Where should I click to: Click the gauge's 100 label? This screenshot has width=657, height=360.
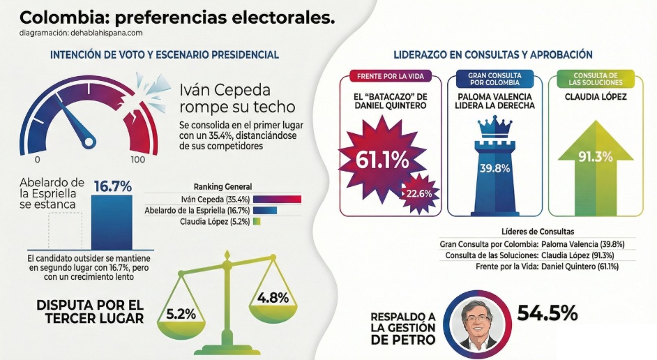(x=138, y=160)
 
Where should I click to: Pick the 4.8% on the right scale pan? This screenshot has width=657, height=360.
(x=273, y=297)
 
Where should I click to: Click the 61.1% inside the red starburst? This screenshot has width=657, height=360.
(x=382, y=159)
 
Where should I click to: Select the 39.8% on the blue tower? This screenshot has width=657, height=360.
(x=494, y=167)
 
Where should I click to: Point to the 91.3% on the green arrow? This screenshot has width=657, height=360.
(x=595, y=158)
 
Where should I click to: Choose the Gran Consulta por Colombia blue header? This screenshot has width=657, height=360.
(x=494, y=77)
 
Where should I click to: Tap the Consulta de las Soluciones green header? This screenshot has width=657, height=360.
(x=595, y=77)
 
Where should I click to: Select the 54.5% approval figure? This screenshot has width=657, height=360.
(x=547, y=313)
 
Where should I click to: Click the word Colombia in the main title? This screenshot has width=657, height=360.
(x=56, y=17)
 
